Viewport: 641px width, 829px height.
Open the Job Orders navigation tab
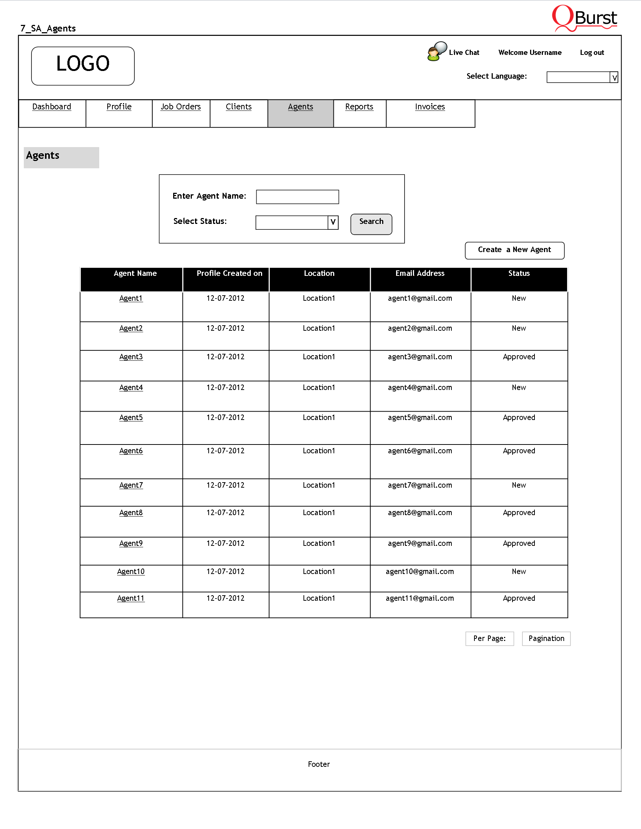click(x=180, y=107)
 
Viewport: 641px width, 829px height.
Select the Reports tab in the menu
click(x=359, y=107)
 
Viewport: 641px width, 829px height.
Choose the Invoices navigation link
click(x=429, y=107)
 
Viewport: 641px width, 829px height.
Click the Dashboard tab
click(x=52, y=107)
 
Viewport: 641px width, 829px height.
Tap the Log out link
click(x=592, y=53)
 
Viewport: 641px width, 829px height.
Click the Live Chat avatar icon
click(x=436, y=52)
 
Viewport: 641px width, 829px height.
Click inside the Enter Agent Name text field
click(x=297, y=197)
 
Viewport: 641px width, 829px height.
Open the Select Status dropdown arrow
click(x=333, y=222)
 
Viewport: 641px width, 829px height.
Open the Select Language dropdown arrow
click(x=614, y=78)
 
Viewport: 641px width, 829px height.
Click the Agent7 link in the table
click(x=131, y=485)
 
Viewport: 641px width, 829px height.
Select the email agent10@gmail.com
click(x=420, y=572)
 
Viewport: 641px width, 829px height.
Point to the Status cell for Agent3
click(x=519, y=357)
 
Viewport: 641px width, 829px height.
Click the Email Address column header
click(x=420, y=274)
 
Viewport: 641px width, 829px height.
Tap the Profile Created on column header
click(x=230, y=274)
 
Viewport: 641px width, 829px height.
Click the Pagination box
click(x=546, y=639)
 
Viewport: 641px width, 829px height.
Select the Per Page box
click(x=489, y=639)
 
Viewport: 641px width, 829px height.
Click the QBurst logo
click(x=584, y=18)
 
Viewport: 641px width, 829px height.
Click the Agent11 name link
click(x=131, y=599)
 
